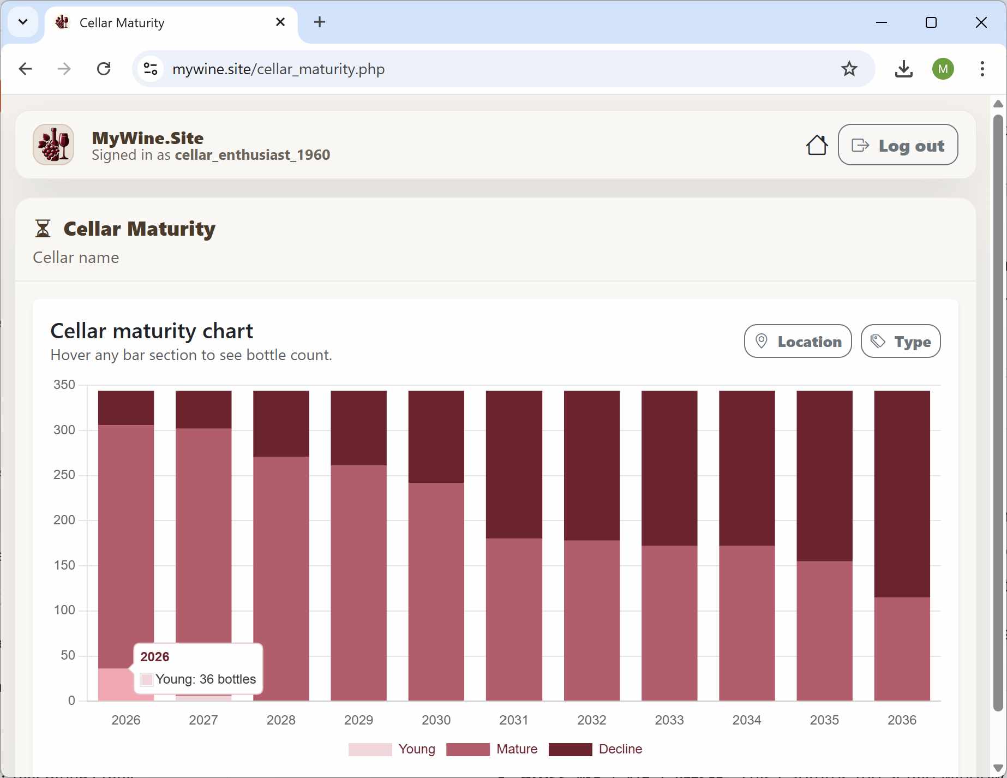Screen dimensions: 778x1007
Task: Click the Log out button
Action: point(897,145)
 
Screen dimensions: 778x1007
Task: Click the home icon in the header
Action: point(817,145)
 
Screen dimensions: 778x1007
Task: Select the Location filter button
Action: point(798,342)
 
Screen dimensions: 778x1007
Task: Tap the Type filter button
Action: point(900,342)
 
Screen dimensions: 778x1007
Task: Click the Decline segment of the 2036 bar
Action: point(902,494)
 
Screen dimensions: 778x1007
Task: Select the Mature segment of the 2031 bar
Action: point(514,619)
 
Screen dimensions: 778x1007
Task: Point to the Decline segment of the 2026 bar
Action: point(126,408)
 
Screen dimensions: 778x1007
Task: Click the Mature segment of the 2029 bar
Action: point(358,583)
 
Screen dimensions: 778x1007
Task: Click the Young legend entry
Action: point(392,749)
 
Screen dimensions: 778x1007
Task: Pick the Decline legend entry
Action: point(595,749)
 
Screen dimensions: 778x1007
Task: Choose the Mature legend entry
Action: point(491,749)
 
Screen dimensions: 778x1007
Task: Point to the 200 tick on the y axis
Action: point(64,520)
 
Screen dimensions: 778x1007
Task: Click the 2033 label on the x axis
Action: point(669,720)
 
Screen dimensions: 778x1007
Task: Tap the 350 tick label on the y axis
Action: point(64,385)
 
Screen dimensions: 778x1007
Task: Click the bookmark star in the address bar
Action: point(849,69)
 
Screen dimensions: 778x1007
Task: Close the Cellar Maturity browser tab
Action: point(280,22)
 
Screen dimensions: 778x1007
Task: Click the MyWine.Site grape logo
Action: point(53,145)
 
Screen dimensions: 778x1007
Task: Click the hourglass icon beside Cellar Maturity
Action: point(43,229)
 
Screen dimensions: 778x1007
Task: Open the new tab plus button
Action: point(320,22)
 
